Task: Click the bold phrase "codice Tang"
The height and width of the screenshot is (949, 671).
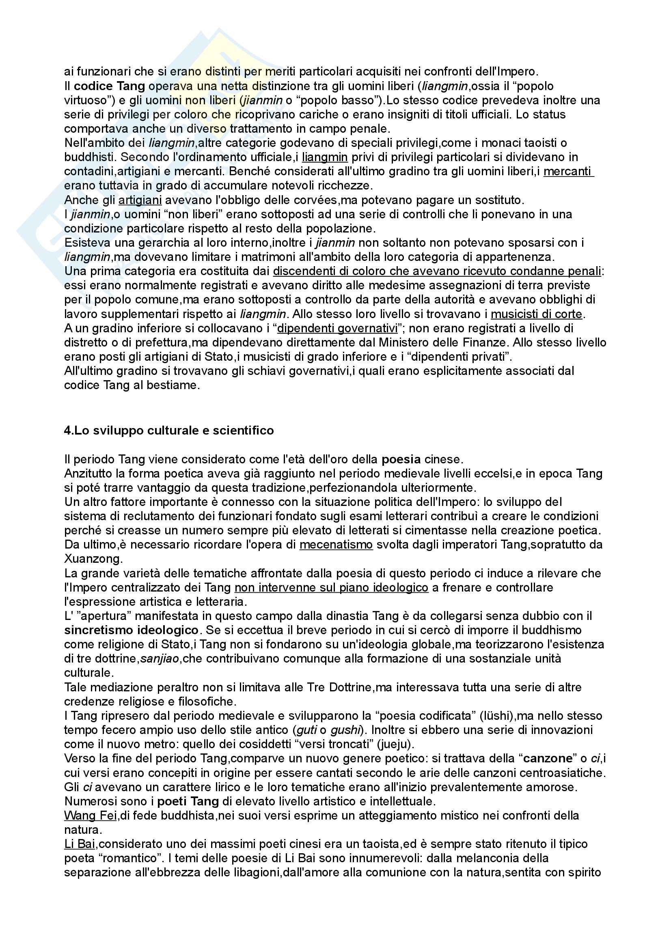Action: click(x=109, y=86)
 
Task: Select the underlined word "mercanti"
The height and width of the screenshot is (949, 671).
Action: click(x=567, y=171)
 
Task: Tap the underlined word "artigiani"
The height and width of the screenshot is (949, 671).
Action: click(x=140, y=200)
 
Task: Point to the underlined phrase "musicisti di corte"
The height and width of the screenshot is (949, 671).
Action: click(x=536, y=314)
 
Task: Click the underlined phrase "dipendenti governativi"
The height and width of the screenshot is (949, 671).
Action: click(x=337, y=328)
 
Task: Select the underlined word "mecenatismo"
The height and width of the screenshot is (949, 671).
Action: click(x=336, y=545)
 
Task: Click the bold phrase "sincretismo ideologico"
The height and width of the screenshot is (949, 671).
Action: click(x=131, y=631)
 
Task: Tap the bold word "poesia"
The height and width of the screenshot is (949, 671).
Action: click(x=401, y=459)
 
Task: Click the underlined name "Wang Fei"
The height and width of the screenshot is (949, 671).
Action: click(x=91, y=816)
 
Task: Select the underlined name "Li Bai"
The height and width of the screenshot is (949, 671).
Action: click(x=77, y=844)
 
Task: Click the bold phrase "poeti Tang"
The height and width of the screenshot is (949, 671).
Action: click(x=188, y=801)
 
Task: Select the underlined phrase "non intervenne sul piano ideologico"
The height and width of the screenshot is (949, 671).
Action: click(x=331, y=587)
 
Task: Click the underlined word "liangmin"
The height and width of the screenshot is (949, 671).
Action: click(x=324, y=157)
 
